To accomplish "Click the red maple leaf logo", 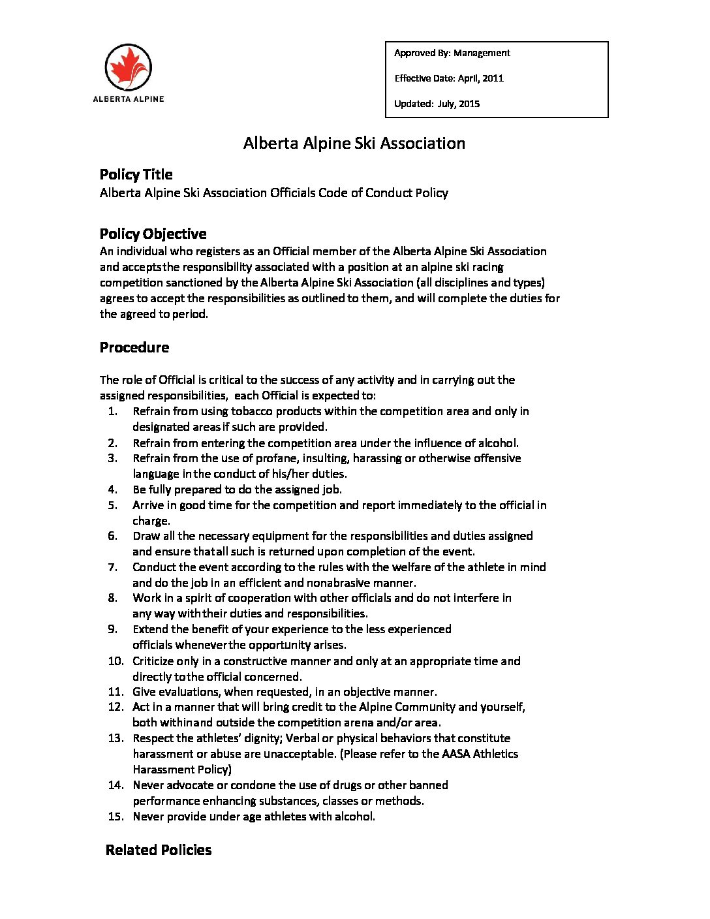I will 129,67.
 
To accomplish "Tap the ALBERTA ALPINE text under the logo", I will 129,99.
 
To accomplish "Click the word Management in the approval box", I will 482,53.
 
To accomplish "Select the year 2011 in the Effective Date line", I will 493,78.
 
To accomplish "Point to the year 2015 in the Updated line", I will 469,104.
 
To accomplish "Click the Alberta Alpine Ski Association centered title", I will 354,144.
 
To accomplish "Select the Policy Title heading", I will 136,175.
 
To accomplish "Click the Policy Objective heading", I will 153,234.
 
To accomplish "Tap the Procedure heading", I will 134,348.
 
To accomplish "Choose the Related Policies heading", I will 159,850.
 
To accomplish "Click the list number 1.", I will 113,411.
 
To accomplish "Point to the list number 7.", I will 113,567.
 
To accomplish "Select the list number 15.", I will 116,817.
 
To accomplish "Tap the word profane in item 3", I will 276,458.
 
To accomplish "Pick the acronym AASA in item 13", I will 455,754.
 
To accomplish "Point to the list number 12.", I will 116,707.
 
